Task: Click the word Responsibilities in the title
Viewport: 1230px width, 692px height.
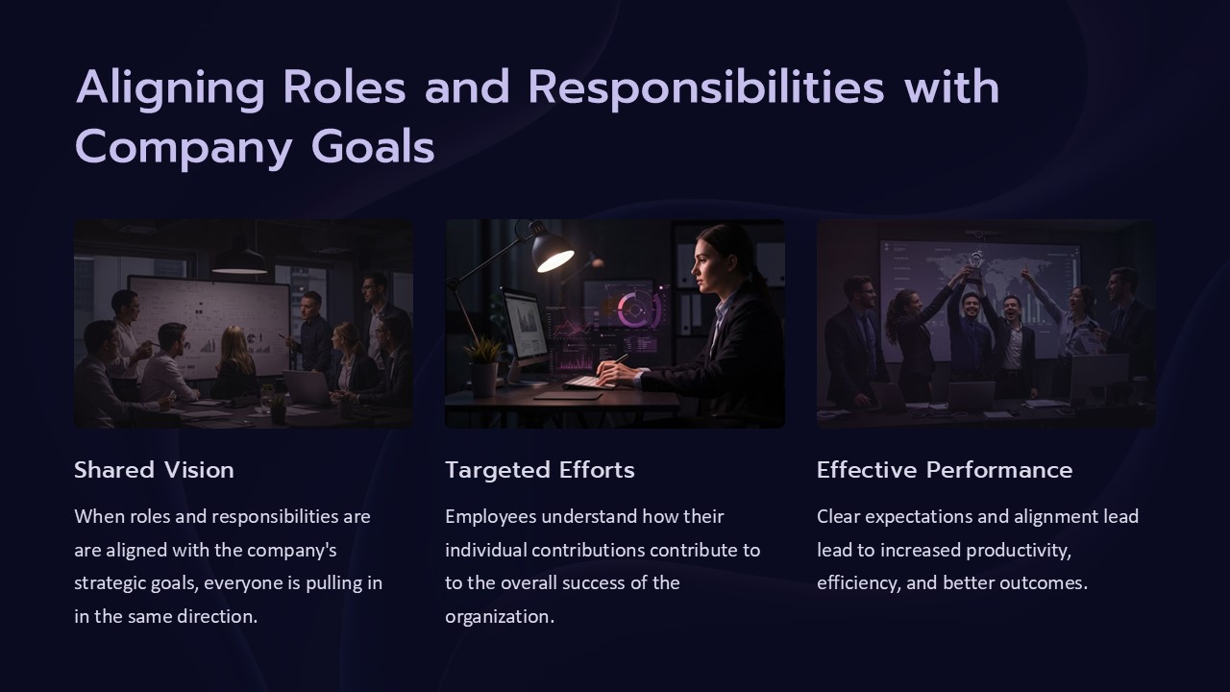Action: pos(706,87)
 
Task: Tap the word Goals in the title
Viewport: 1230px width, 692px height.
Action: pos(373,147)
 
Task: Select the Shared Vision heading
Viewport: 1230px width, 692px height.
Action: pos(155,470)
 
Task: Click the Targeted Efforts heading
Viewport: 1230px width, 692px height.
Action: pos(540,471)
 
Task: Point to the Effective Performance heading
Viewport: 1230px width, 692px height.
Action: pos(945,470)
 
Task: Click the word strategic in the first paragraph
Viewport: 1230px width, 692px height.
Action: pos(106,583)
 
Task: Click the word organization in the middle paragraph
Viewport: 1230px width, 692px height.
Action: pos(500,617)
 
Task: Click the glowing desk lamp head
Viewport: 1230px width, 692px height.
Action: pos(553,251)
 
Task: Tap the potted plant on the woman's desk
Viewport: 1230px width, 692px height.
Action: pos(483,366)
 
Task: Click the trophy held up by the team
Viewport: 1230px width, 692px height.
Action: pos(975,266)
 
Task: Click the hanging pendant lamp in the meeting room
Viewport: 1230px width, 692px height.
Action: pos(239,261)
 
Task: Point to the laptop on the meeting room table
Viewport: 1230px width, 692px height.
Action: pos(308,387)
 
